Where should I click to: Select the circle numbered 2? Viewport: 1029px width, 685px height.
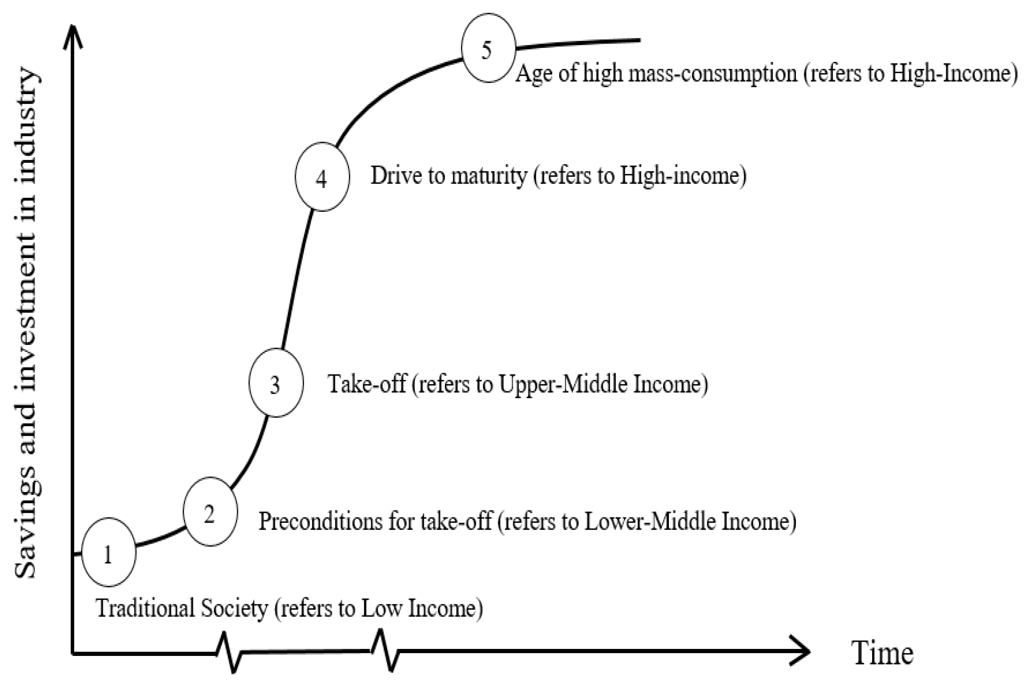(x=210, y=512)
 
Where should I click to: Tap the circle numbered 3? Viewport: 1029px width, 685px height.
(x=276, y=383)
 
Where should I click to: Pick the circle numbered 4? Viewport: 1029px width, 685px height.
(x=322, y=177)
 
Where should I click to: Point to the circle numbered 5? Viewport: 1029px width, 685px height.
(x=488, y=48)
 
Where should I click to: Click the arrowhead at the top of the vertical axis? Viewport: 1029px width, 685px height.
(x=73, y=37)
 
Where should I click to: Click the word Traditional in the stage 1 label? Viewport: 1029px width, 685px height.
(x=144, y=608)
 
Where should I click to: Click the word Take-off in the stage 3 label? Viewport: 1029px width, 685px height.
(x=367, y=384)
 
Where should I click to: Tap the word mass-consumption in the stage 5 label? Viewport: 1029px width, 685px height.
(x=712, y=73)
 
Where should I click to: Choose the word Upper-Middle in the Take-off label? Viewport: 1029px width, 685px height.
(x=562, y=384)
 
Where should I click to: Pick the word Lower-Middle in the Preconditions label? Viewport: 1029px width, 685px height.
(x=648, y=521)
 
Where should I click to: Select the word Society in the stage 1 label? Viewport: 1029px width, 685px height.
(x=234, y=608)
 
